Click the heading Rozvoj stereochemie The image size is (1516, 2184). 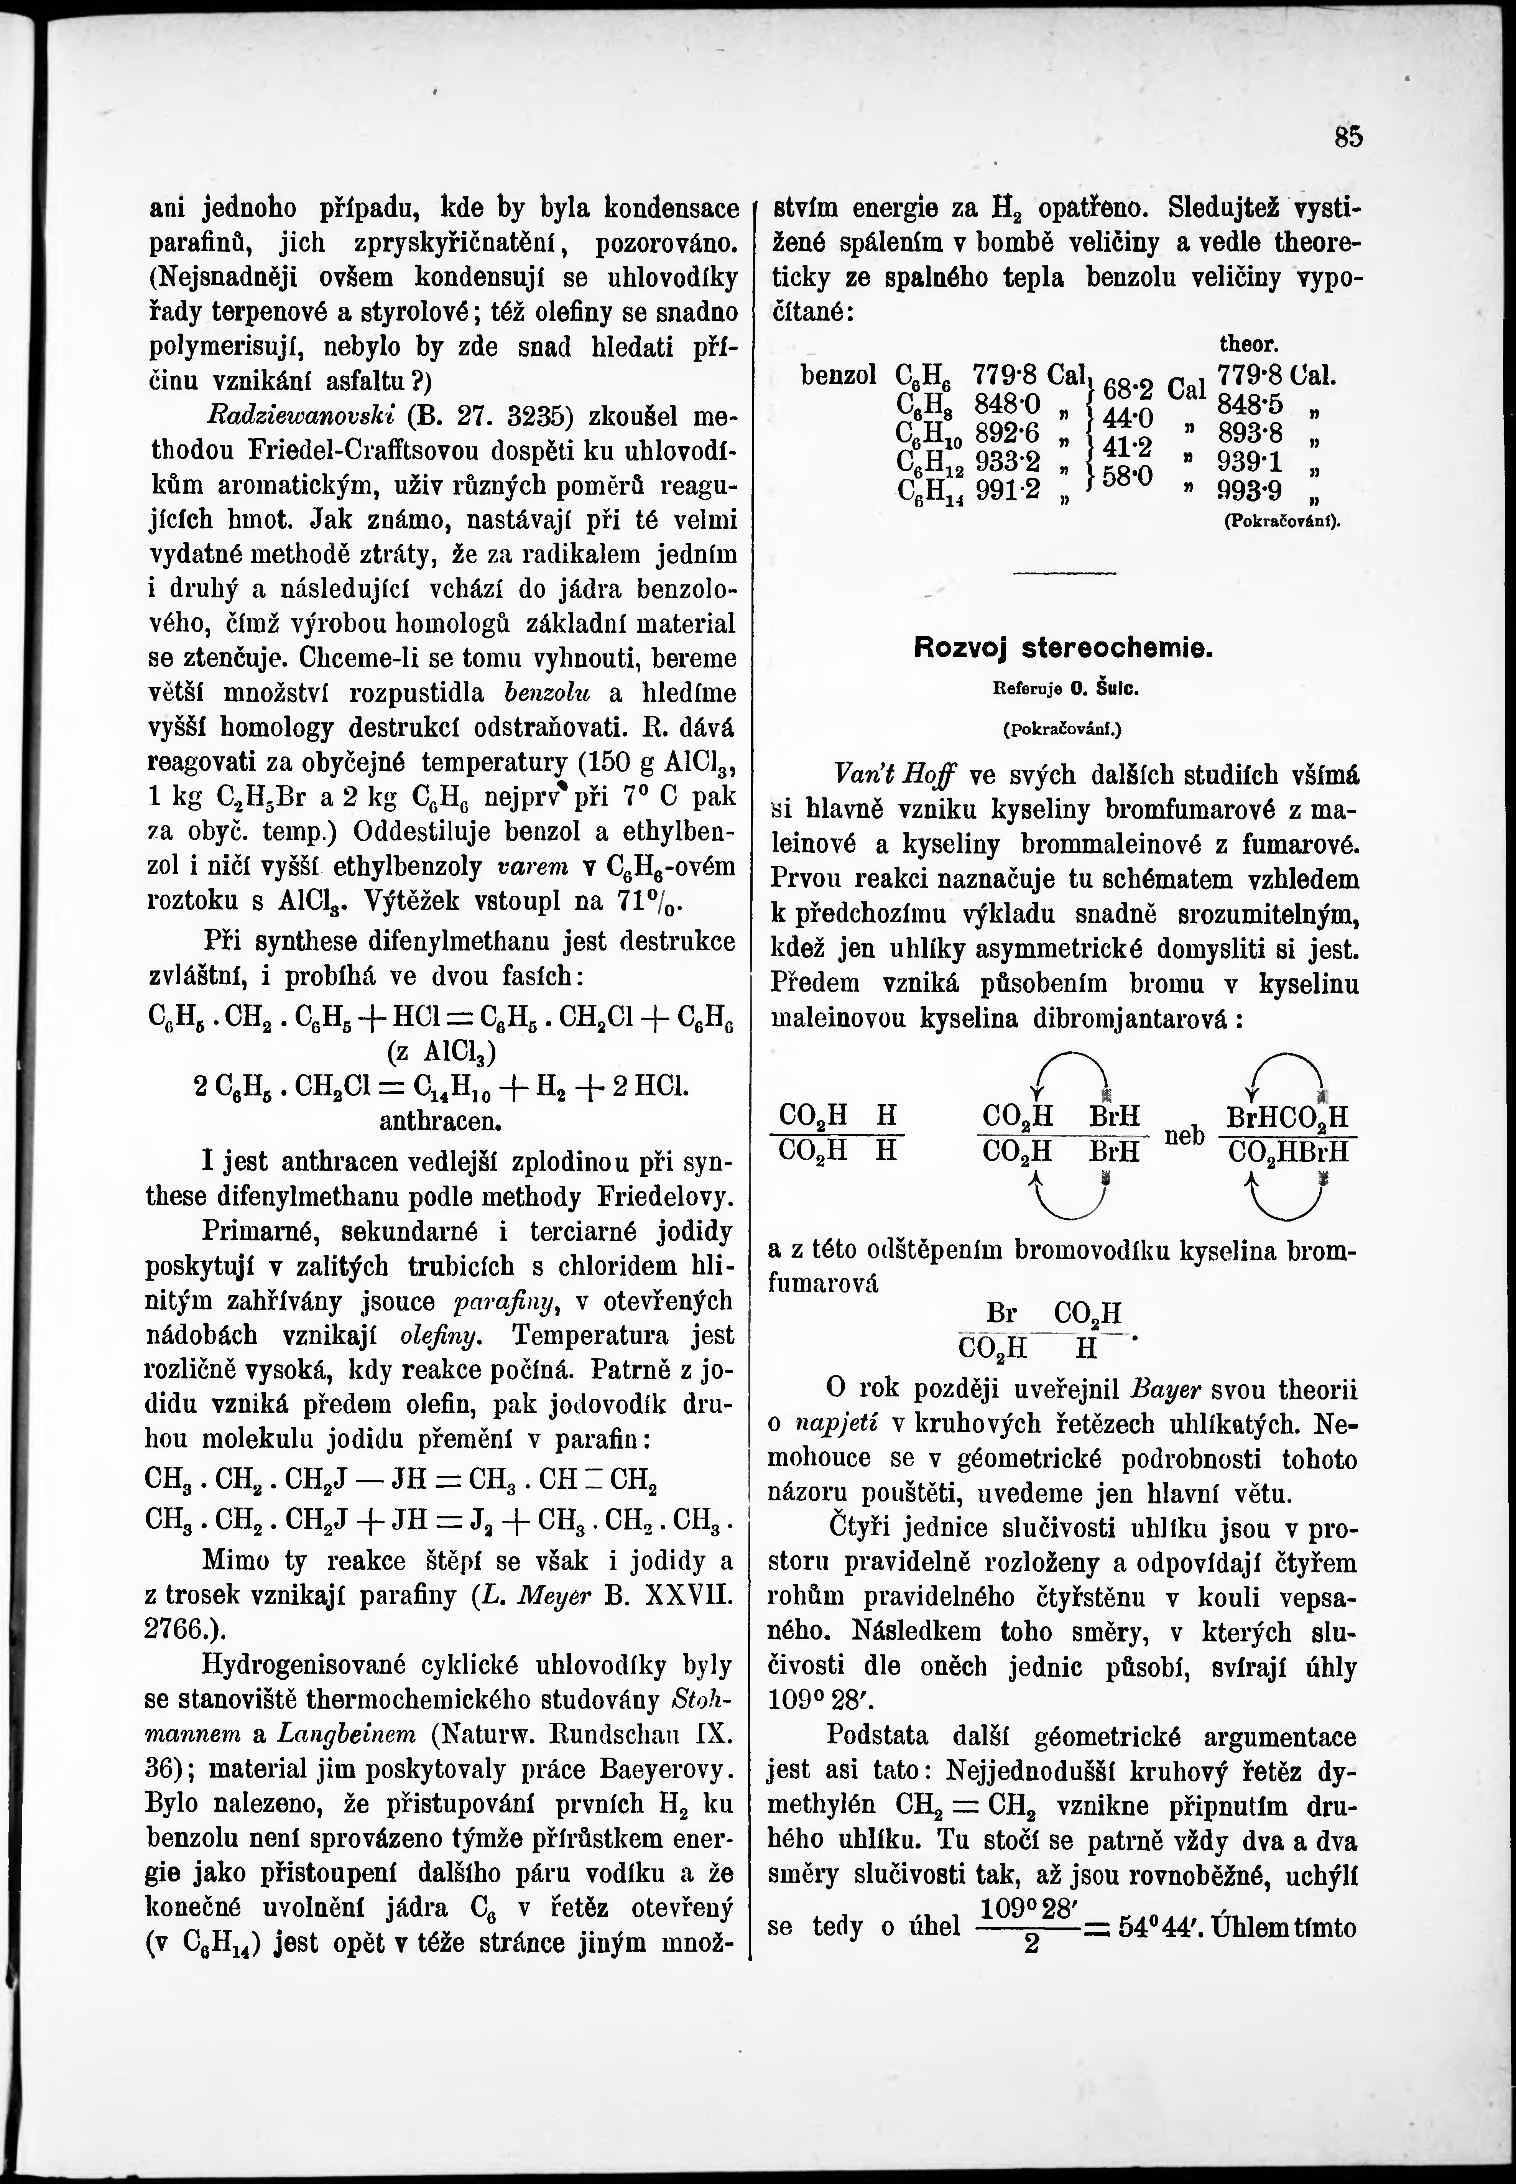point(1064,649)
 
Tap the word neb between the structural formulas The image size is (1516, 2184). point(1184,1135)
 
